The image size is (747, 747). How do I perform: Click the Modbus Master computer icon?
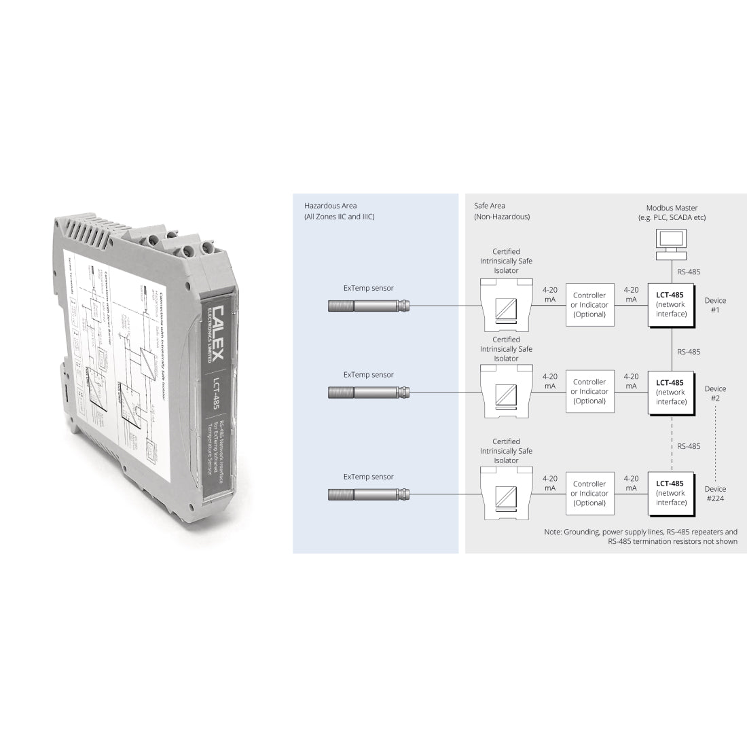[x=671, y=244]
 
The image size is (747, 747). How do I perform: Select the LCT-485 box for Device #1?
[x=671, y=304]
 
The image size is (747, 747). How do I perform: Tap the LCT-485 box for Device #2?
[x=671, y=392]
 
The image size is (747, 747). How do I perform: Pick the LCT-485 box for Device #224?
[x=671, y=493]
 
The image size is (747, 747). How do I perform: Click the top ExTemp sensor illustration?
[x=369, y=306]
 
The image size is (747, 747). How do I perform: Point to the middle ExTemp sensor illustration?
[x=369, y=392]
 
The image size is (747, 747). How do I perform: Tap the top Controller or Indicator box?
[x=589, y=305]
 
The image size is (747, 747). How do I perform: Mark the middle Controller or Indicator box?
[x=589, y=392]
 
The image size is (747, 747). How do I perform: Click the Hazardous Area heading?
[x=339, y=211]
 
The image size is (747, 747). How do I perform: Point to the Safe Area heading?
[x=501, y=211]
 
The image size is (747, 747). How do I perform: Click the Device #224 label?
[x=715, y=493]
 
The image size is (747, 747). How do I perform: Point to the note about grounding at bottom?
[x=640, y=536]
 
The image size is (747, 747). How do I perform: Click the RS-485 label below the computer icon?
[x=689, y=272]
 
